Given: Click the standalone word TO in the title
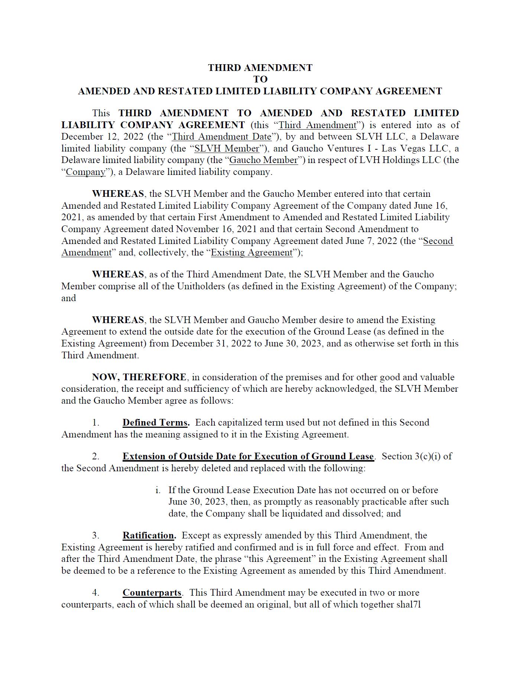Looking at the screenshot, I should point(260,79).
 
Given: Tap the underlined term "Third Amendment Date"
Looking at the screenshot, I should point(222,137).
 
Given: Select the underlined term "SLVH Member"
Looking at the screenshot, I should point(227,149).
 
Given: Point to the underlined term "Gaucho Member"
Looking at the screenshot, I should point(264,160).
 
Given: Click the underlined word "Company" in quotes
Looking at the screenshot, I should point(85,172).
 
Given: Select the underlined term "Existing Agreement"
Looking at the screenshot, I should point(252,253).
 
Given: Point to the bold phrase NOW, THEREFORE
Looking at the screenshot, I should point(139,377).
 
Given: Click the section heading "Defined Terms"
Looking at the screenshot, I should point(155,423).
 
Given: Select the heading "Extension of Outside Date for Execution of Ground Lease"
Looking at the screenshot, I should point(248,456).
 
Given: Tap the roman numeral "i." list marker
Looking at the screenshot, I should point(158,490).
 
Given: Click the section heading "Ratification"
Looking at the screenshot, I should point(149,535).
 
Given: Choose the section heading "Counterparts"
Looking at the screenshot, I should point(152,593).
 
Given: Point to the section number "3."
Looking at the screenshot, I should point(96,535).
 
